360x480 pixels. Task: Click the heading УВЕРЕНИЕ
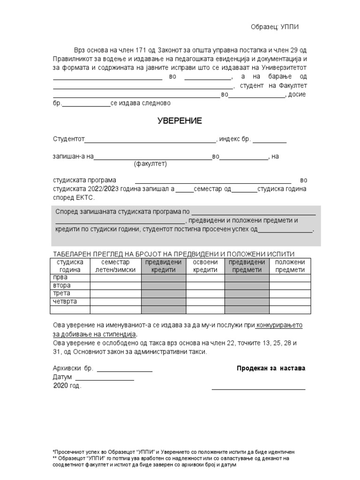pyautogui.click(x=179, y=121)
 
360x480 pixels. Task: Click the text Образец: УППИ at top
pyautogui.click(x=275, y=27)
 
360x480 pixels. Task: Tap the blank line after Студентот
pyautogui.click(x=150, y=141)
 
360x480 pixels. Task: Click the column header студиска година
pyautogui.click(x=70, y=266)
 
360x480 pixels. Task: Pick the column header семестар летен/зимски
pyautogui.click(x=115, y=266)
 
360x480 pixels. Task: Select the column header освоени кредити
pyautogui.click(x=205, y=266)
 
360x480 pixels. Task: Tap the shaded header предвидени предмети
pyautogui.click(x=247, y=266)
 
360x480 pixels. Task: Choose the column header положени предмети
pyautogui.click(x=290, y=266)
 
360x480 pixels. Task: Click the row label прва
pyautogui.click(x=61, y=277)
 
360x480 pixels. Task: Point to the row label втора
pyautogui.click(x=62, y=285)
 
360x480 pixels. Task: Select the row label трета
pyautogui.click(x=62, y=293)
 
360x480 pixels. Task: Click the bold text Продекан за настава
pyautogui.click(x=271, y=368)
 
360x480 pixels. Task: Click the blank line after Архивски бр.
pyautogui.click(x=124, y=371)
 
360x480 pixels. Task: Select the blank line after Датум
pyautogui.click(x=105, y=379)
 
